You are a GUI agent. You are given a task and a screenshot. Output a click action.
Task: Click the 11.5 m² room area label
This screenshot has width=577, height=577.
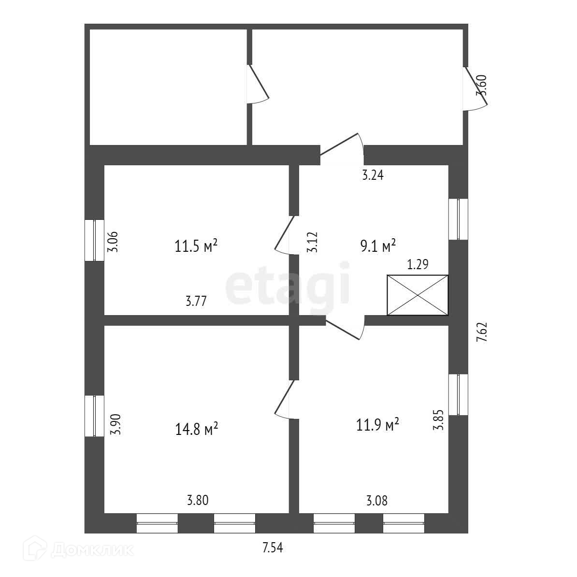pos(196,246)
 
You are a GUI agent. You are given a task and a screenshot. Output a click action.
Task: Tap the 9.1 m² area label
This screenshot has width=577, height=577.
pos(378,246)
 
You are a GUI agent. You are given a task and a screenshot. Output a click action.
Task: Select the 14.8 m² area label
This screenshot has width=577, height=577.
pos(197,429)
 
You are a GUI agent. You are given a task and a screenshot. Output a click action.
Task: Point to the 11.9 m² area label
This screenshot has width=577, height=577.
pos(377,425)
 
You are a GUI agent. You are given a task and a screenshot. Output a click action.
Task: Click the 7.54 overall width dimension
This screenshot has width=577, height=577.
pos(273,548)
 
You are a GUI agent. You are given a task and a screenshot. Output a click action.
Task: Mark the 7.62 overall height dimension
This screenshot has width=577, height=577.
pos(482,332)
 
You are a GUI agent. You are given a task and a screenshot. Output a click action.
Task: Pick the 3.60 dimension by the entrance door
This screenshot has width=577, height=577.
pos(481,86)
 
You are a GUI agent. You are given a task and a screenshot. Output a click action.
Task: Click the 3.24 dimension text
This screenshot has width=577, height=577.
pos(373,175)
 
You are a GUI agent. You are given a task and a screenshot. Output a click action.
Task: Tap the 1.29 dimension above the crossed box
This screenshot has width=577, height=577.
pos(418,264)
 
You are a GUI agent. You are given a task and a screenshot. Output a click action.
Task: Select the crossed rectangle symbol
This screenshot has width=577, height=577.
pos(418,295)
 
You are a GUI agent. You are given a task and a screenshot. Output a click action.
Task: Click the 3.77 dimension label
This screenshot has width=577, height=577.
pos(196,302)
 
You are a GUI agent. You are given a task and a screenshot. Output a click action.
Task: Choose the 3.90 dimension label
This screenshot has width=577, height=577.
pos(115,424)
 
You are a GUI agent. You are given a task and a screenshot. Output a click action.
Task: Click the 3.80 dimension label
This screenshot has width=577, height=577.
pos(198,501)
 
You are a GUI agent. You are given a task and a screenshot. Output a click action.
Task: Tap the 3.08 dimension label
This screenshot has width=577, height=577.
pos(377,501)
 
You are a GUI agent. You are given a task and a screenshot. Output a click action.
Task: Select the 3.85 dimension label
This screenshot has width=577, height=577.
pos(438,420)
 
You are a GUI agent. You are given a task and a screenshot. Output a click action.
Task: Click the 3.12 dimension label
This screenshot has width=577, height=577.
pos(312,242)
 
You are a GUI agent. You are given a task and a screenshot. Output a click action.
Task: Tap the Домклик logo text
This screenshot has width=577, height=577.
pos(92,550)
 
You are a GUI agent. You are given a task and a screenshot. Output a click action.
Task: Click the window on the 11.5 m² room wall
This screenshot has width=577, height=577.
pos(95,240)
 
